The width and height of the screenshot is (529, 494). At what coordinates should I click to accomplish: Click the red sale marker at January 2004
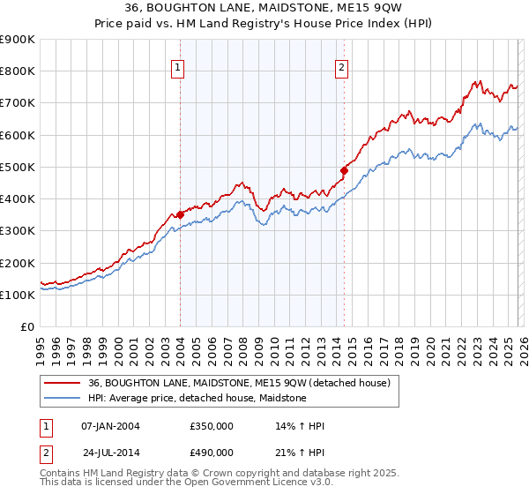[x=180, y=214]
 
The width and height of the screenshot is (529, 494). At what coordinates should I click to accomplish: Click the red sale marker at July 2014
[x=344, y=170]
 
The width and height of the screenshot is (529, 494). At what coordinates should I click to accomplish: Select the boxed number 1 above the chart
[x=177, y=66]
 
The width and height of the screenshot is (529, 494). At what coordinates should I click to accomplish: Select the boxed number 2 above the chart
[x=341, y=66]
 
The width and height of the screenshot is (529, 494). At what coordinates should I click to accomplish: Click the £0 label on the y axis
[x=28, y=326]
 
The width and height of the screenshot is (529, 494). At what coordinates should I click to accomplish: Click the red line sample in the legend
[x=63, y=383]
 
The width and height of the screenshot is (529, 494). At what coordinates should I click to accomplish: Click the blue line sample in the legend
[x=63, y=398]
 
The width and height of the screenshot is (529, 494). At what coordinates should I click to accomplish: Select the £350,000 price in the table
[x=212, y=426]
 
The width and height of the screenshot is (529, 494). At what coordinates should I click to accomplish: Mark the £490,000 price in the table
[x=212, y=452]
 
